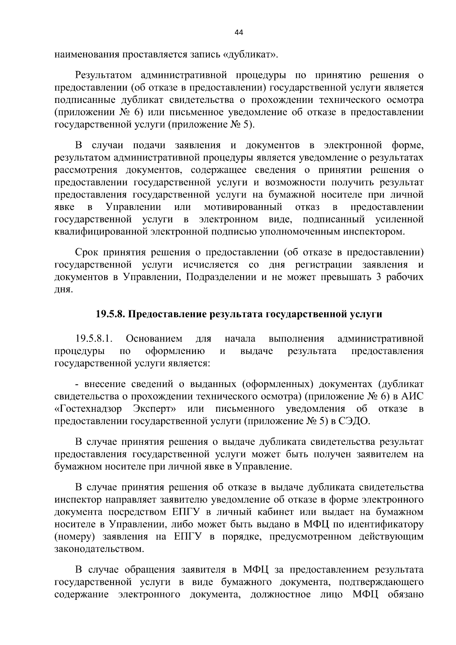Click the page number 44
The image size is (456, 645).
coord(239,33)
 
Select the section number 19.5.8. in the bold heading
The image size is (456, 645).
coord(110,314)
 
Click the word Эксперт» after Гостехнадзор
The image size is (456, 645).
coord(155,409)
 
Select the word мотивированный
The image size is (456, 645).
coord(243,207)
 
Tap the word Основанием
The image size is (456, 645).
coord(154,338)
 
